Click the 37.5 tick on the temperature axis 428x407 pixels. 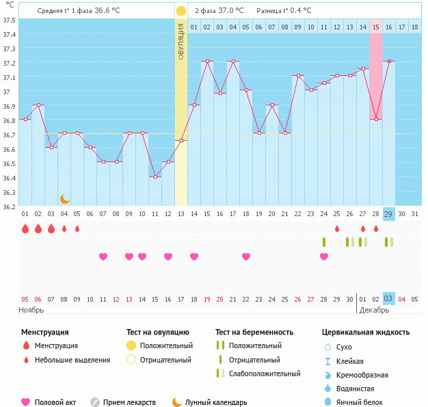tap(10, 20)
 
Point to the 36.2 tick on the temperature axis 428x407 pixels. tap(10, 207)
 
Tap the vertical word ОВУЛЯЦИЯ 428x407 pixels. tap(181, 41)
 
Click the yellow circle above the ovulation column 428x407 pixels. tap(181, 11)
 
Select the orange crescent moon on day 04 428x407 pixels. tap(64, 199)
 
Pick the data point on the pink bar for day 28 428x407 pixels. tap(375, 120)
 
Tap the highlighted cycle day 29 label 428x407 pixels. tap(388, 214)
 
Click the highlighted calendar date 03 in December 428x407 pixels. tap(388, 299)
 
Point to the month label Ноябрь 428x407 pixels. tap(31, 310)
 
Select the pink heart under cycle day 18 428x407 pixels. tap(246, 257)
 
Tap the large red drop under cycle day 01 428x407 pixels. tap(25, 228)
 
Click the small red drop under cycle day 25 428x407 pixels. tap(336, 228)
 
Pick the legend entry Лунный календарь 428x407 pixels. tap(221, 403)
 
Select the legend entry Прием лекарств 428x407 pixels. tap(129, 403)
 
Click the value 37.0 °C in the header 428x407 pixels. tap(227, 11)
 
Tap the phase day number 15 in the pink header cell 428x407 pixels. tap(375, 27)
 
